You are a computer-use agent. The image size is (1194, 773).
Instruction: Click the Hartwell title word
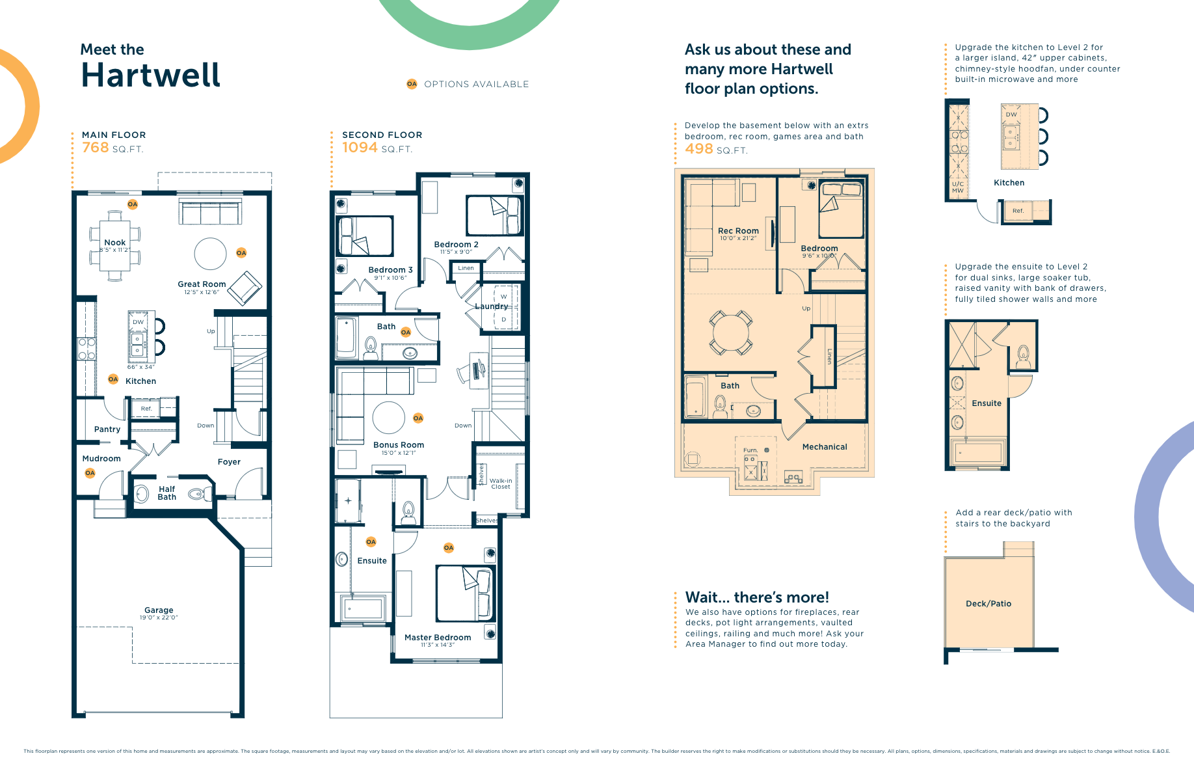coord(150,75)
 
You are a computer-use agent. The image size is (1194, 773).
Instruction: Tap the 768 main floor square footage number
coord(95,148)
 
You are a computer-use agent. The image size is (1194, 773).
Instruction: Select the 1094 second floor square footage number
coord(360,148)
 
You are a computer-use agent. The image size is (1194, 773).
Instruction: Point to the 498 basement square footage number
coord(699,149)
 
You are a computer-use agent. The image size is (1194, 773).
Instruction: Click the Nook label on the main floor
coord(115,242)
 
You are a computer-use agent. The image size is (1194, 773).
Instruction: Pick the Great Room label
coord(202,284)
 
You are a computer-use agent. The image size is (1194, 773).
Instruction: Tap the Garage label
coord(159,610)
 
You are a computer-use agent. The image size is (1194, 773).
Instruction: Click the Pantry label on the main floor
coord(107,429)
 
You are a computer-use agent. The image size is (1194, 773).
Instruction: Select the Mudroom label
coord(101,459)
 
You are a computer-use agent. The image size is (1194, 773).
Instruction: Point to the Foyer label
coord(229,462)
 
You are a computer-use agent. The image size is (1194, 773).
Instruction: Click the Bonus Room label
coord(399,445)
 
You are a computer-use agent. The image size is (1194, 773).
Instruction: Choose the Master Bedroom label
coord(438,638)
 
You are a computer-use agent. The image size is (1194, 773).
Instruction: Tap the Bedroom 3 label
coord(390,270)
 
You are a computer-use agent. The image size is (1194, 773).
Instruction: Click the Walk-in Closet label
coord(501,483)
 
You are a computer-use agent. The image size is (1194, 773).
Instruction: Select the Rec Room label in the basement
coord(738,231)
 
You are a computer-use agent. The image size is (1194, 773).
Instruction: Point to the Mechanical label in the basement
coord(825,447)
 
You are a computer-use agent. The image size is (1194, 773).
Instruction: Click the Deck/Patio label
coord(988,604)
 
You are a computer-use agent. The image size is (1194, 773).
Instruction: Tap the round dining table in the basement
coord(731,332)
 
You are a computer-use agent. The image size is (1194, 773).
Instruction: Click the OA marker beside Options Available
coord(412,84)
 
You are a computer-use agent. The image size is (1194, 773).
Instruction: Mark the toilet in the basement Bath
coord(721,407)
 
